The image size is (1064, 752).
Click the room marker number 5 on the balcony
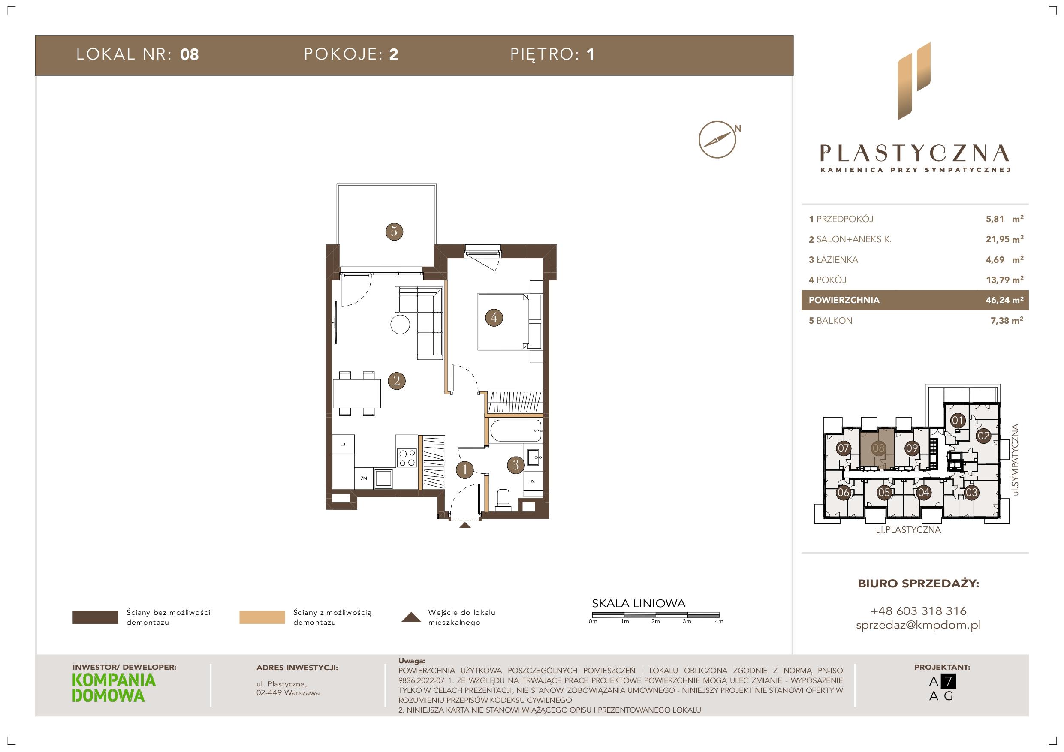click(394, 231)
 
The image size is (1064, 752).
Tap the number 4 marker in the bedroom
click(494, 317)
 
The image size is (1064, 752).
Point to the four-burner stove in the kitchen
click(407, 457)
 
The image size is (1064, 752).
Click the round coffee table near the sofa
click(401, 325)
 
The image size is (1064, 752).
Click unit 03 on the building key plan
click(971, 492)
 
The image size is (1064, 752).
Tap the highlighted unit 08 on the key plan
click(878, 448)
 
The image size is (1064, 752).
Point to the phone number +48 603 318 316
click(919, 611)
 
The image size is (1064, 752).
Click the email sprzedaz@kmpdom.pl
click(919, 625)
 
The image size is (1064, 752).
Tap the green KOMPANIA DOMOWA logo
click(114, 688)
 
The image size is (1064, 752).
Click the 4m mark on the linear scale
click(719, 621)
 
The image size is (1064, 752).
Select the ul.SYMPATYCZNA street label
click(1016, 460)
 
